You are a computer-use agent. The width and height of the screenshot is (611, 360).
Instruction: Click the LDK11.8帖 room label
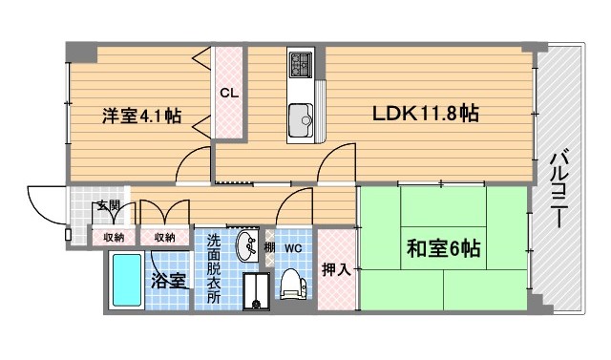point(426,114)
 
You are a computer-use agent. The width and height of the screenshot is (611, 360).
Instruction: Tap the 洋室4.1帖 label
point(142,116)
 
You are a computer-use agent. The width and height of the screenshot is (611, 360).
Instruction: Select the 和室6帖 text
point(443,248)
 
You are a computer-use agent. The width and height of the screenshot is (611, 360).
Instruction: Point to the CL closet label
point(229,94)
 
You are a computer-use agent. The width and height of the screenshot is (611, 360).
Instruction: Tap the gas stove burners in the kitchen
point(301,64)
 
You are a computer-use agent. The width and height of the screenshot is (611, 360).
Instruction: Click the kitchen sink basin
point(301,120)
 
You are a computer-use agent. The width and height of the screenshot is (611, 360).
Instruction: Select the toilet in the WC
point(293,284)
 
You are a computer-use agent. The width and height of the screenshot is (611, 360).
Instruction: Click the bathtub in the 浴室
point(126,280)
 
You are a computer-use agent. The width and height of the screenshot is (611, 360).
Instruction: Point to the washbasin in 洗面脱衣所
point(246,245)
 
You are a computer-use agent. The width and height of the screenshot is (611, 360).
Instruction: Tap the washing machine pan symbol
point(257,290)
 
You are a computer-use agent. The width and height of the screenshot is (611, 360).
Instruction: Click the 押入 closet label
point(337,269)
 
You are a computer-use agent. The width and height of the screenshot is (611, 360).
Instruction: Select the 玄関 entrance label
point(108,205)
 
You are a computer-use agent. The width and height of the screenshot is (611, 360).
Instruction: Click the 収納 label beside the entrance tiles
point(114,237)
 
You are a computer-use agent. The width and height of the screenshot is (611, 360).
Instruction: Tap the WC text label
point(293,248)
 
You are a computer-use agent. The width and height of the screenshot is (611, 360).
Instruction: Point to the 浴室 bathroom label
point(168,281)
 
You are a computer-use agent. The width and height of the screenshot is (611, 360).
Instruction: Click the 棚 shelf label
point(269,247)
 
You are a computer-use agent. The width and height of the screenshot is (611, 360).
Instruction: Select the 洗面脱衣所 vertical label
point(213,269)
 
